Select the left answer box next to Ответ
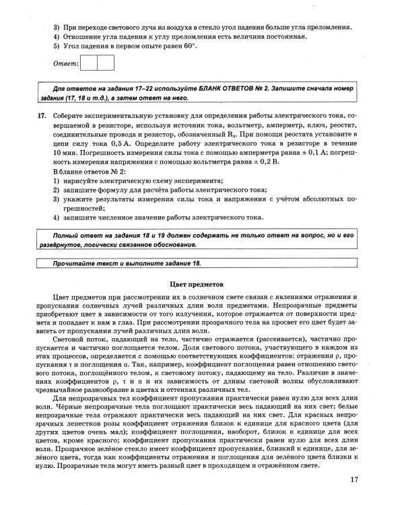click(x=89, y=63)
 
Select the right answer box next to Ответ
click(x=106, y=63)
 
